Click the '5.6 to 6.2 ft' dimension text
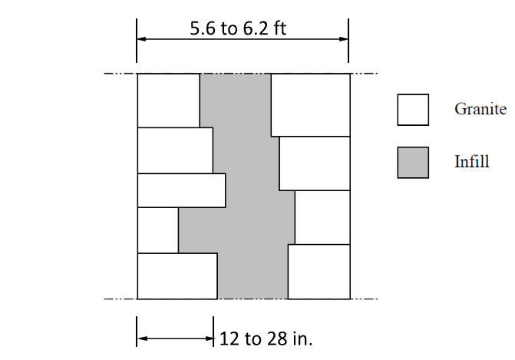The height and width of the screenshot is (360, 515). [238, 28]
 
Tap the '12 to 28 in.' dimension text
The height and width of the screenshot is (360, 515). [266, 339]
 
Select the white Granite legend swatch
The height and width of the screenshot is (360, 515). [413, 110]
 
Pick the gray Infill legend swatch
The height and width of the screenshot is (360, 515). [413, 163]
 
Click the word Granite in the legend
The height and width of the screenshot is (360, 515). [480, 109]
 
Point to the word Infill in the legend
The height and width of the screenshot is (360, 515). [472, 161]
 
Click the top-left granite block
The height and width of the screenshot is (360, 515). [169, 101]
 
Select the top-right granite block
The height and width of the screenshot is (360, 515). [310, 105]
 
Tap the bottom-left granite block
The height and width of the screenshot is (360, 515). [177, 276]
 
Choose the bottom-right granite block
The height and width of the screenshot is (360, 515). [319, 272]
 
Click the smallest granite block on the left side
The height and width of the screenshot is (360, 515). [158, 230]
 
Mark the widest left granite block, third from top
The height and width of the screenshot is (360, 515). [182, 190]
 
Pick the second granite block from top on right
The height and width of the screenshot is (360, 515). [315, 163]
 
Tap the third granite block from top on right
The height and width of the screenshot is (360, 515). [322, 217]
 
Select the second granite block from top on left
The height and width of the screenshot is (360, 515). [175, 150]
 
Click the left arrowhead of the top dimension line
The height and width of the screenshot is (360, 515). [141, 39]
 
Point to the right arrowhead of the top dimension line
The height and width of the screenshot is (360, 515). [344, 39]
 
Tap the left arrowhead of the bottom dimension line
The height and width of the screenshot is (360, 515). [141, 339]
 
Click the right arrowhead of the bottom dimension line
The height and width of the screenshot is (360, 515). [209, 339]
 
